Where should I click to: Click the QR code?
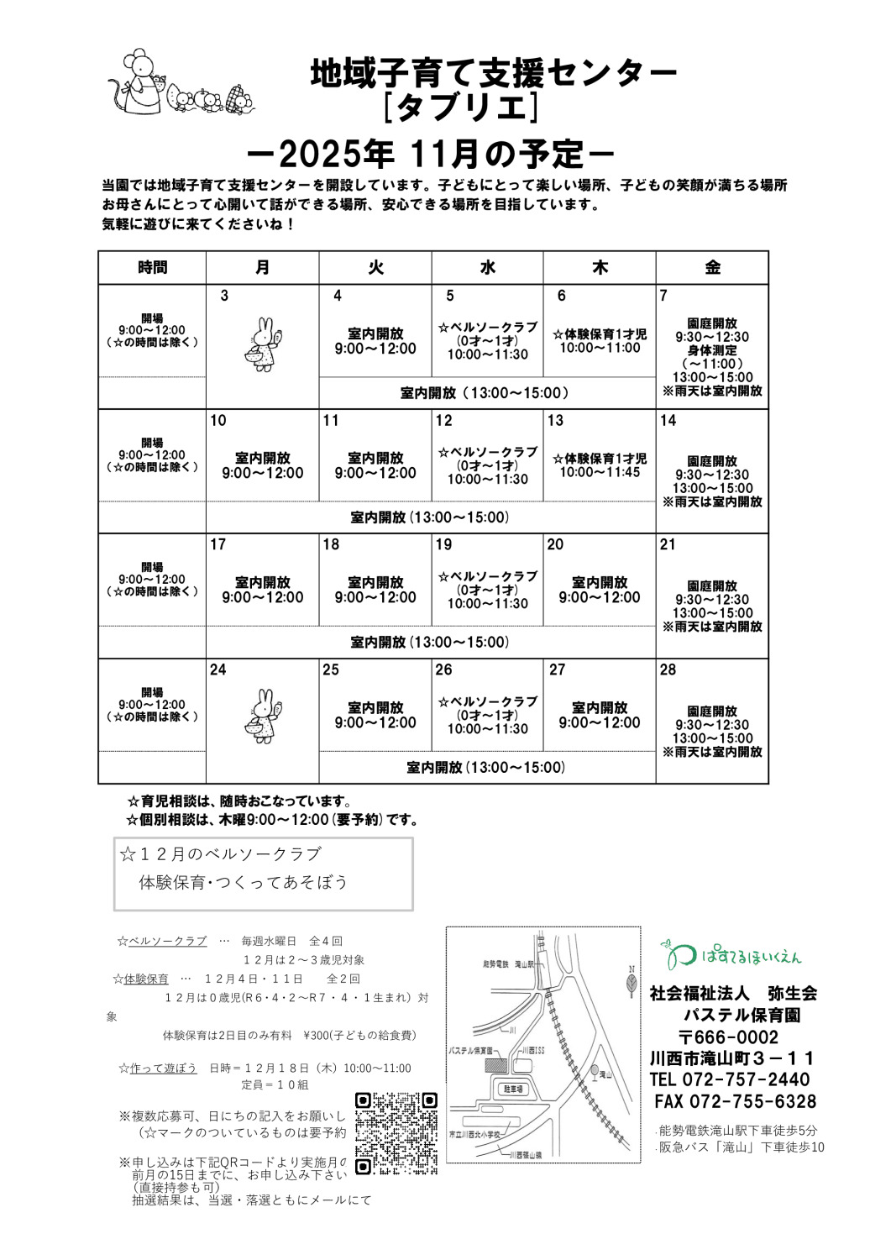click(396, 1133)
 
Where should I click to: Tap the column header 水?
click(488, 268)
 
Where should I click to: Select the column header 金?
click(712, 268)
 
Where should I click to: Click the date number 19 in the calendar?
click(443, 544)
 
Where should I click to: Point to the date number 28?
click(668, 669)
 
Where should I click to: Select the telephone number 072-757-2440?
click(729, 1079)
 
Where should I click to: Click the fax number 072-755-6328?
click(735, 1101)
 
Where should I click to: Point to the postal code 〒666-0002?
click(728, 1037)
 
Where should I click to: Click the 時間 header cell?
click(152, 268)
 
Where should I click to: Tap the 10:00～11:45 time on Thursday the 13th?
click(600, 472)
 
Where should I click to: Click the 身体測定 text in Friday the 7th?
click(712, 350)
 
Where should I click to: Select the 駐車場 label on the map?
click(513, 1089)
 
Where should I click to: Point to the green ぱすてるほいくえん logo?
click(732, 955)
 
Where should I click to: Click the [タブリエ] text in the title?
click(459, 108)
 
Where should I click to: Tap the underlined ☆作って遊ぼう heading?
click(158, 1068)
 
